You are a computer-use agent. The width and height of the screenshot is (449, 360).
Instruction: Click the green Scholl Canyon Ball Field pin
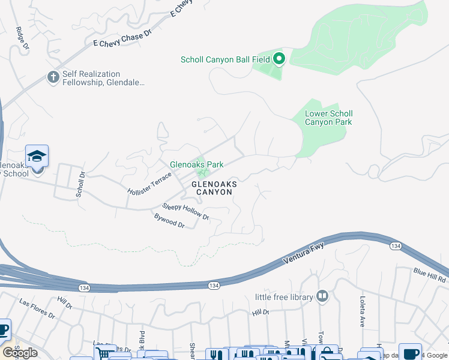[x=279, y=59]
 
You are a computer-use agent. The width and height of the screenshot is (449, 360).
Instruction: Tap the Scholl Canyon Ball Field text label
[x=226, y=59]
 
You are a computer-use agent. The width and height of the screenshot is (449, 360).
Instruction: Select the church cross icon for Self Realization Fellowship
[x=53, y=77]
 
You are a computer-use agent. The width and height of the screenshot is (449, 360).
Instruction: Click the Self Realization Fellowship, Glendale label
[x=103, y=79]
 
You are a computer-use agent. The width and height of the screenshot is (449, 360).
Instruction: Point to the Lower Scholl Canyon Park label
[x=328, y=118]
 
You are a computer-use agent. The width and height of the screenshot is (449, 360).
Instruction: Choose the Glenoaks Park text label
[x=196, y=164]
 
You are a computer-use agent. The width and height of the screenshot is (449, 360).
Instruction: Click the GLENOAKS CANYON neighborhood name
[x=212, y=188]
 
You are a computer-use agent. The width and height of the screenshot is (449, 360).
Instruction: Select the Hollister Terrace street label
[x=149, y=183]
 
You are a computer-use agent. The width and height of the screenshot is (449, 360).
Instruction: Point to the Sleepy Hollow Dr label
[x=185, y=212]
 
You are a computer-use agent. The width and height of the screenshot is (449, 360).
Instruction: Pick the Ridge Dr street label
[x=22, y=37]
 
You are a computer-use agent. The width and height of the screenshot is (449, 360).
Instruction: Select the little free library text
[x=284, y=297]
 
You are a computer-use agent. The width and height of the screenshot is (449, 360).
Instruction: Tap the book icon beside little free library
[x=322, y=296]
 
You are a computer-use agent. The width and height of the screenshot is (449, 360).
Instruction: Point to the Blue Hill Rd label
[x=429, y=275]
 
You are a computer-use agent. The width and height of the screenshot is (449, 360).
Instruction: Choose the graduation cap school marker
[x=37, y=157]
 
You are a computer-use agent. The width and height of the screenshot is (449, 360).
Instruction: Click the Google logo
[x=20, y=353]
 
